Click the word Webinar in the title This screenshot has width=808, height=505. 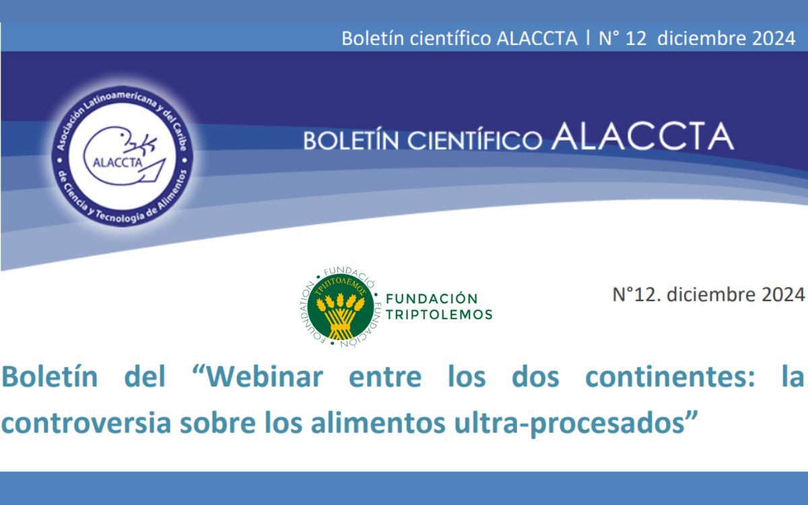coord(265,377)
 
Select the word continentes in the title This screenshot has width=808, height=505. coord(670,377)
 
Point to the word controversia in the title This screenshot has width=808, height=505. coord(86,423)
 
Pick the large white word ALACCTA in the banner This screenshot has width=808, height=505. coord(642,136)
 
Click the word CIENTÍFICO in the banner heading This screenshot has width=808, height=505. coord(475,139)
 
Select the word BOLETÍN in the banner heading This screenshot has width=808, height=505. coord(351,140)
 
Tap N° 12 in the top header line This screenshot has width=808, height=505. coord(623,38)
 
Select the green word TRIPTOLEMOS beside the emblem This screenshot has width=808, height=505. coord(439,314)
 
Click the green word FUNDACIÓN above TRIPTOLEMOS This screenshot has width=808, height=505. coord(432,298)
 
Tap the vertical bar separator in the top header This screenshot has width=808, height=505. coord(588,38)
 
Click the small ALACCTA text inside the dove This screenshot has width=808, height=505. coord(118,163)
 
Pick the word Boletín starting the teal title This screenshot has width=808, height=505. coord(49,377)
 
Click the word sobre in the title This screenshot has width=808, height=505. coord(217,422)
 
